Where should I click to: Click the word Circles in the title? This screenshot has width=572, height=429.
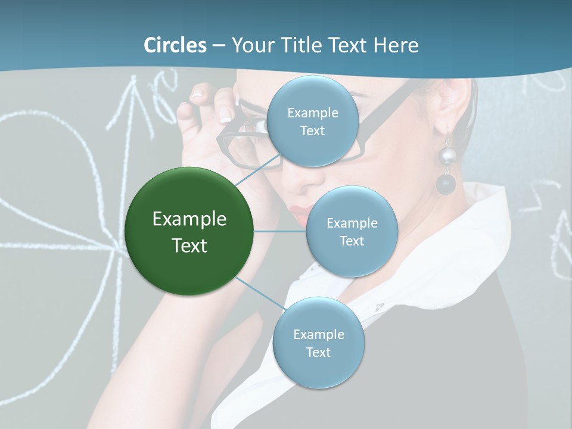tap(175, 45)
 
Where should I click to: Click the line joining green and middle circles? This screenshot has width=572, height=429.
tap(280, 231)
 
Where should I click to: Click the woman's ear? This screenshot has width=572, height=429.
tap(459, 101)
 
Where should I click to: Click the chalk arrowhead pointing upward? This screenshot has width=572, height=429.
tap(132, 89)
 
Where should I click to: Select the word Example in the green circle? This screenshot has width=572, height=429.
tap(189, 219)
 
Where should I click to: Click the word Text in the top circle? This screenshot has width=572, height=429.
tap(312, 131)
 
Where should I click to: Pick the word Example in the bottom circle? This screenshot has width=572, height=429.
tap(318, 334)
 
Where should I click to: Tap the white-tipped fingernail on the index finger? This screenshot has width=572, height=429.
tap(226, 117)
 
